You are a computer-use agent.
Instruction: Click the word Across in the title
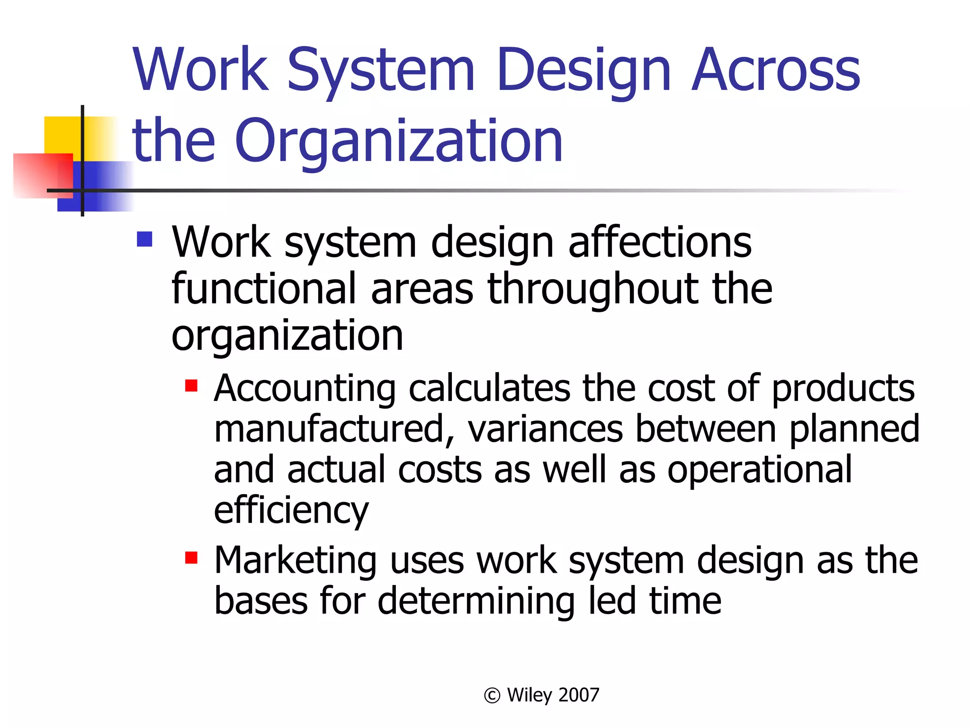click(776, 71)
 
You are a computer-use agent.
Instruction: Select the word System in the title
click(381, 71)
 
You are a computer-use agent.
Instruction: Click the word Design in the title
click(584, 71)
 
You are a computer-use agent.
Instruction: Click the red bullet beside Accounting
click(191, 385)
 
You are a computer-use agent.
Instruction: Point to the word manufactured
click(334, 429)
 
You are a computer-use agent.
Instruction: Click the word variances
click(545, 429)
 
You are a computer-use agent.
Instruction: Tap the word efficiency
click(291, 511)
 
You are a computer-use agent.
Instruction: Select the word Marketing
click(296, 561)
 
